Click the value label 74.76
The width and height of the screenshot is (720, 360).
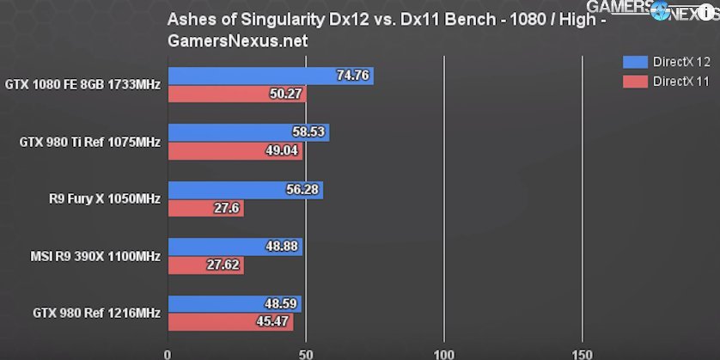coord(353,76)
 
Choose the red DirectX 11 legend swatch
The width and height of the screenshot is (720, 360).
coord(634,82)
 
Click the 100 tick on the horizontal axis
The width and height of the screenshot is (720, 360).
coord(443,353)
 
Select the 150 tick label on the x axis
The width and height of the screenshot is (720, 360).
coord(582,353)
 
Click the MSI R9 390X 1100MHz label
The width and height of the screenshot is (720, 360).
coord(95,255)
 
